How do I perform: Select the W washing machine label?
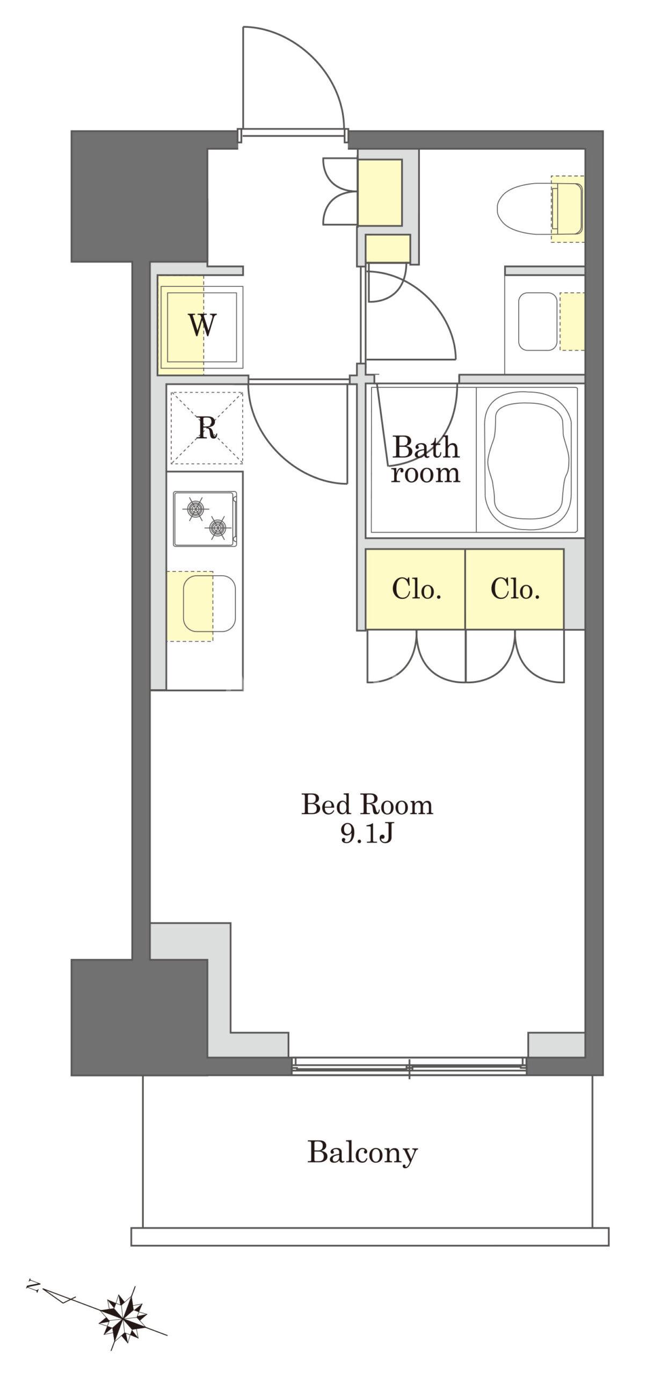coord(202,325)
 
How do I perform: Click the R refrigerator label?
coord(207,428)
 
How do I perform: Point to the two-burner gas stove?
coord(205,519)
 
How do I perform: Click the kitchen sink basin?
coord(209,604)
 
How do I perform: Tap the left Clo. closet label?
coord(417,589)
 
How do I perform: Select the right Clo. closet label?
coord(515,589)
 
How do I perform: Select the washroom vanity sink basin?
coord(537,321)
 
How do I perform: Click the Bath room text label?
coord(425,460)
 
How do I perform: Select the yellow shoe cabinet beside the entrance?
coord(380,192)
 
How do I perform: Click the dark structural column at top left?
coord(139,196)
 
